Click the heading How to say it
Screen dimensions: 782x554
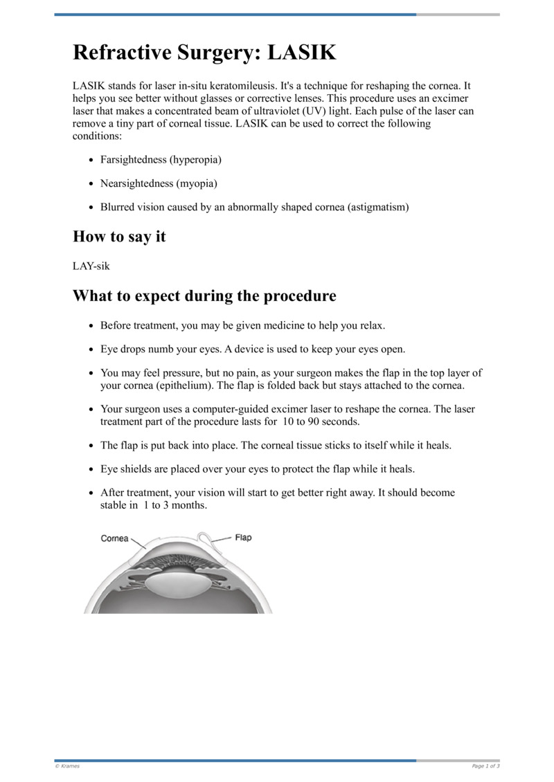point(119,236)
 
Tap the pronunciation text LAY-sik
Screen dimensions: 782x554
point(91,266)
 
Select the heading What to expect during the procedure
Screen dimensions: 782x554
point(204,296)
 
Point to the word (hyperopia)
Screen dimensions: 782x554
point(195,160)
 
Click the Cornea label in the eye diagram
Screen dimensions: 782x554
point(115,538)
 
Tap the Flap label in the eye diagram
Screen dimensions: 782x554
point(243,537)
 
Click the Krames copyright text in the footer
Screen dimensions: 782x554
point(67,766)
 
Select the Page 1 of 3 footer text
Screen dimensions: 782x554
point(485,766)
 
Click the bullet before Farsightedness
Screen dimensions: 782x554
point(92,161)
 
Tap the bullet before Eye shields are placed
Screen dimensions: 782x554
point(92,470)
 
